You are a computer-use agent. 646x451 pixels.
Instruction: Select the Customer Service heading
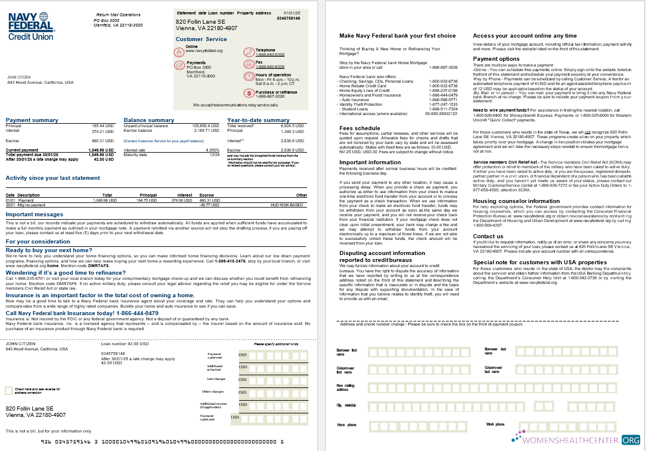tap(201, 39)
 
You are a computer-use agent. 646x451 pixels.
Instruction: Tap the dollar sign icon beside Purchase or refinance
tap(248, 93)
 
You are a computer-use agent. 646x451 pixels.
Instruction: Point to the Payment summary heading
tap(32, 120)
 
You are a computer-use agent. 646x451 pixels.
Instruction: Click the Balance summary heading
tap(149, 120)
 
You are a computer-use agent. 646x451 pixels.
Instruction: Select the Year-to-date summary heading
tap(259, 120)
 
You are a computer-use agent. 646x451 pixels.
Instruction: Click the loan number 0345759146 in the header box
tap(289, 18)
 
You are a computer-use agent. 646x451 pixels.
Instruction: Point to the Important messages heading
tap(34, 214)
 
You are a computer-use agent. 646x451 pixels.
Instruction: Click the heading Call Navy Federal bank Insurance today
tap(82, 313)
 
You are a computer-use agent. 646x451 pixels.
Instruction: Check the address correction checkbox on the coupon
tap(9, 390)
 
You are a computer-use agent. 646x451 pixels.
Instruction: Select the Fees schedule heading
tap(360, 128)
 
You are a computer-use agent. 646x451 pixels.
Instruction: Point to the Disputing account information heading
tap(382, 253)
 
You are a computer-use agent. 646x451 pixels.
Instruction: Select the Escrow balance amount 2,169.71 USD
tap(206, 130)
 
